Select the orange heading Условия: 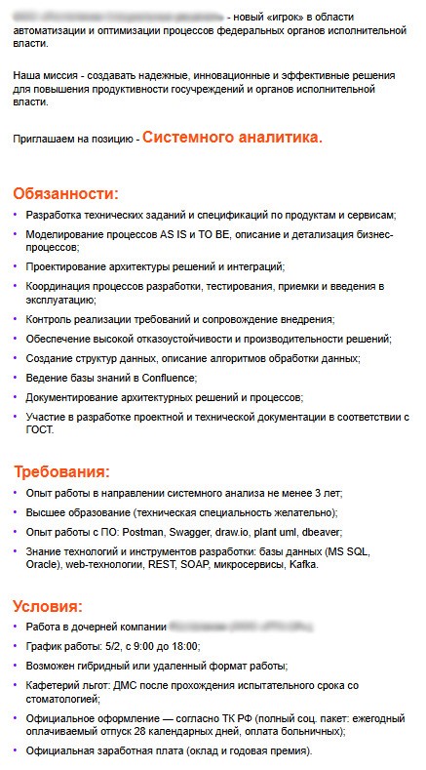55,606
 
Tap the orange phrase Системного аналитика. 232,138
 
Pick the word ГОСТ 40,429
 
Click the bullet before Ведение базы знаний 16,378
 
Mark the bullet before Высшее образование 16,512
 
